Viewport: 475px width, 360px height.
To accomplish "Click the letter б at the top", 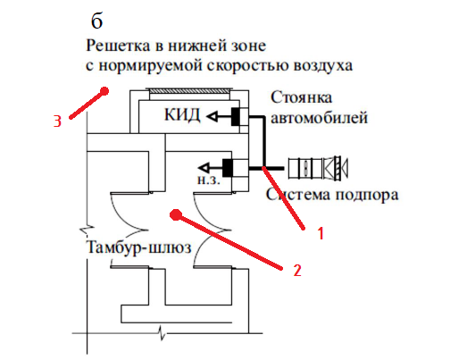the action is coord(97,21).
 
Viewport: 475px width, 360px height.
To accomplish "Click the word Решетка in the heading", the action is coord(119,46).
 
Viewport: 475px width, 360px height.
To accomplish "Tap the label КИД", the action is coord(182,115).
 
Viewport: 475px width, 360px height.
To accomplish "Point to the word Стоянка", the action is coord(302,97).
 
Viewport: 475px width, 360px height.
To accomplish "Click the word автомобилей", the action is coord(320,118).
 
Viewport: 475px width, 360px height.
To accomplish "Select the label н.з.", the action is coord(209,180).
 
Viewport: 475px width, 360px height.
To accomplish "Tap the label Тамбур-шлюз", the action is coord(139,247).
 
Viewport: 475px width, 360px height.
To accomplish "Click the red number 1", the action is coord(321,233).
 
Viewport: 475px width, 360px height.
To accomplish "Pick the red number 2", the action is coord(297,271).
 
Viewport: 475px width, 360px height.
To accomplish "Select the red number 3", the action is coord(57,121).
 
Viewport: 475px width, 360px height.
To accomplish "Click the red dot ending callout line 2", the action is coord(176,215).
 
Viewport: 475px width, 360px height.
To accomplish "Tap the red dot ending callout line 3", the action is coord(104,91).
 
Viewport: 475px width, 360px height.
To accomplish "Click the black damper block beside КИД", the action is coord(236,116).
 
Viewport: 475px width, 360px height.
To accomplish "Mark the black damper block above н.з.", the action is coord(228,168).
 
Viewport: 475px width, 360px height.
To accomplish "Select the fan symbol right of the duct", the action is coord(318,168).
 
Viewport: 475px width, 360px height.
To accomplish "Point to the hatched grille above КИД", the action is coord(188,91).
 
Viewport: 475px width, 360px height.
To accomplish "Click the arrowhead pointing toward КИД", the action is coord(212,116).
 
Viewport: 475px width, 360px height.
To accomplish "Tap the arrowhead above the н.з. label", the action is coord(204,168).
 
